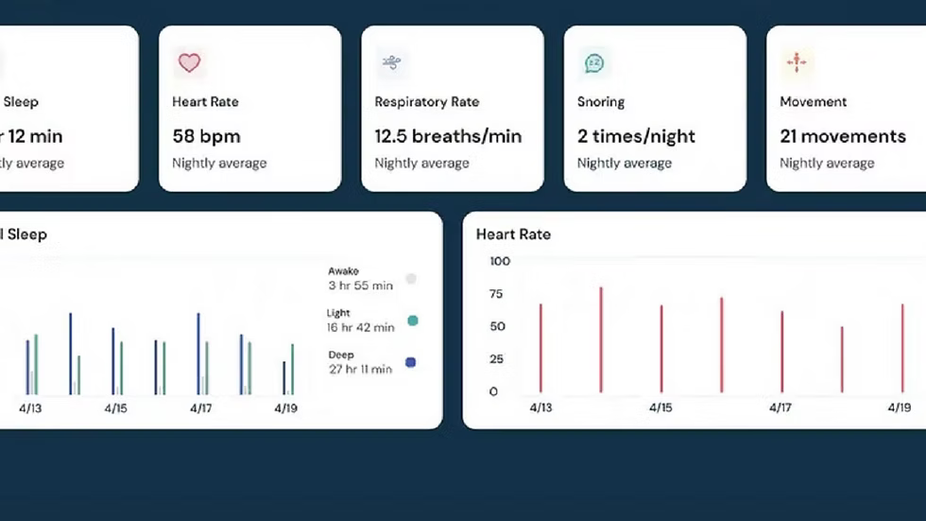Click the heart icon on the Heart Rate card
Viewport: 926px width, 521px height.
coord(189,63)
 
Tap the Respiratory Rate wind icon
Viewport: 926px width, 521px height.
coord(391,63)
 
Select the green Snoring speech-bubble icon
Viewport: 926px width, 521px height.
coord(593,63)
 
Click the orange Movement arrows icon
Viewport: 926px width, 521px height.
coord(796,63)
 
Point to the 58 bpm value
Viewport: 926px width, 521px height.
coord(206,136)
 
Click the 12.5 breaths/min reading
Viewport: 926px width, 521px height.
coord(448,136)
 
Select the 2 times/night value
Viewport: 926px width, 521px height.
coord(636,136)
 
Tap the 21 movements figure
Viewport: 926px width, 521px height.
coord(843,136)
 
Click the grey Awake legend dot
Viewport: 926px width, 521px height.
coord(411,279)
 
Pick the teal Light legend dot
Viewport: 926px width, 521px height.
coord(412,321)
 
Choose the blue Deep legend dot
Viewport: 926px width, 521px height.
coord(411,362)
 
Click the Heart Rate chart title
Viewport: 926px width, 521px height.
coord(513,234)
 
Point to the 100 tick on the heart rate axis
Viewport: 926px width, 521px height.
coord(500,261)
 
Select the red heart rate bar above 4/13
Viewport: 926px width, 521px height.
coord(540,347)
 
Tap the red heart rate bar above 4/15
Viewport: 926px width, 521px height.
coord(661,348)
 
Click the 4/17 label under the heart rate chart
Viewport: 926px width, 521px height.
coord(780,408)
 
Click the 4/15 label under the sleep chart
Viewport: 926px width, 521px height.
coord(114,408)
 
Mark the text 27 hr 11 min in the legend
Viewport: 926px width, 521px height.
coord(360,369)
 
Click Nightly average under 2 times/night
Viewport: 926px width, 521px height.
coord(624,164)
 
